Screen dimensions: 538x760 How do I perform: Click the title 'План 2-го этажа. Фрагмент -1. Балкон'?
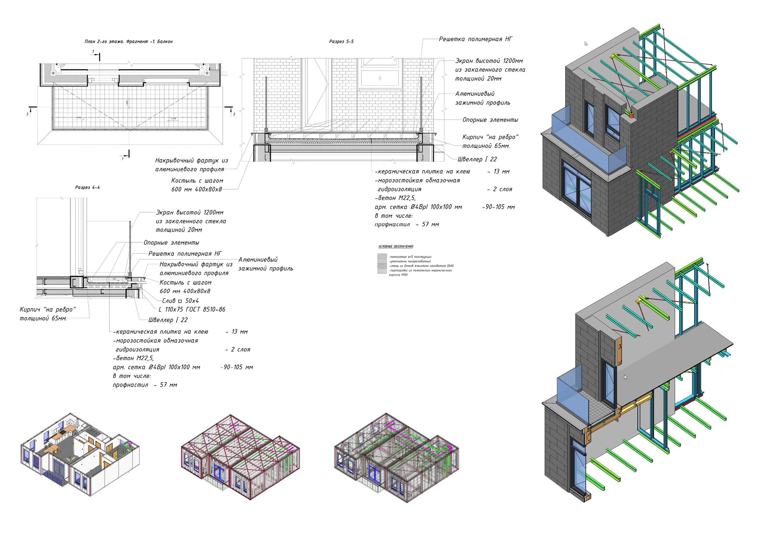tap(128, 42)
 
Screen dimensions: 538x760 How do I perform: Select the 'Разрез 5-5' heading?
tap(341, 42)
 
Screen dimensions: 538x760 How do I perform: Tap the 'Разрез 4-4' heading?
tap(87, 187)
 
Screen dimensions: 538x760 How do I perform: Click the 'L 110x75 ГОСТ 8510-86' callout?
tap(192, 310)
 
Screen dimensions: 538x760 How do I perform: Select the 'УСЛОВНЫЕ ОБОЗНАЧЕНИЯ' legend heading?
tap(396, 247)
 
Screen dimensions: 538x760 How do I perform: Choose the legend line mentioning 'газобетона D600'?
tap(421, 266)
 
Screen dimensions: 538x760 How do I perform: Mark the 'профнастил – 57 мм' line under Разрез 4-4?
tap(145, 385)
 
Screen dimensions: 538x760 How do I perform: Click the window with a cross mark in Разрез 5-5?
tap(380, 78)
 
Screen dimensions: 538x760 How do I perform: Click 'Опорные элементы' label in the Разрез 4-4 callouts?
tap(171, 243)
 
